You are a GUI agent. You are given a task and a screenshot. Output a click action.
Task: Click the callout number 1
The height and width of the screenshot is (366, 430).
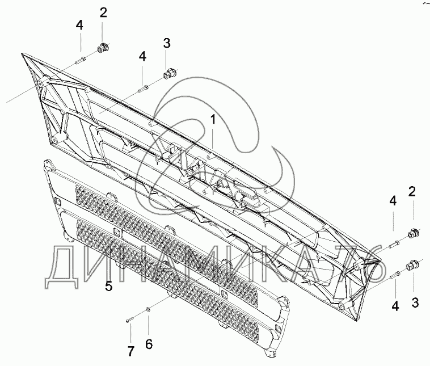(x=213, y=120)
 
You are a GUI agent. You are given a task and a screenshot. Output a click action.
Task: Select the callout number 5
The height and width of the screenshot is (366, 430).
(x=109, y=287)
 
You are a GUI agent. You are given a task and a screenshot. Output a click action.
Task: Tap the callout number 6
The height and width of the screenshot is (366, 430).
(x=149, y=344)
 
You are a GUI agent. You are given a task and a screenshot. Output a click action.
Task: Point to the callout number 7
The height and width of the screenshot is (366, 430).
(x=130, y=351)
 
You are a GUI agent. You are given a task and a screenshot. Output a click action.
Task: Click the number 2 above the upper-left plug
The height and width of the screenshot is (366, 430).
(x=103, y=12)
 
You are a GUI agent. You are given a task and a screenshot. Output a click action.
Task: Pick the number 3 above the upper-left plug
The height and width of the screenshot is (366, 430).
(x=166, y=43)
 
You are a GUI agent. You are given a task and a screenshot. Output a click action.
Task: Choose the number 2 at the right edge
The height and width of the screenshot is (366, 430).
(x=412, y=191)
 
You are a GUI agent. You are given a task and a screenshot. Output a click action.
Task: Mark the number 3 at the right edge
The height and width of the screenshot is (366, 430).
(x=415, y=303)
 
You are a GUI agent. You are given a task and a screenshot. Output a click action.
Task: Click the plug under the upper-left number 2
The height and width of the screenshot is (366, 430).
(x=103, y=49)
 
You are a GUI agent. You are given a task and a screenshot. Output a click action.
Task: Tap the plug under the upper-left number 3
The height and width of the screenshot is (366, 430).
(x=169, y=74)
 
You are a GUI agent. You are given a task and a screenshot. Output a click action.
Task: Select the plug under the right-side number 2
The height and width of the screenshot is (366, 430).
(x=413, y=233)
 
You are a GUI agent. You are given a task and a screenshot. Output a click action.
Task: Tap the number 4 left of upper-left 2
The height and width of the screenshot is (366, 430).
(x=80, y=25)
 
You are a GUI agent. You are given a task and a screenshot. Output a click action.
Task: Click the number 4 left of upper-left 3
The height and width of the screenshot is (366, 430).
(x=142, y=57)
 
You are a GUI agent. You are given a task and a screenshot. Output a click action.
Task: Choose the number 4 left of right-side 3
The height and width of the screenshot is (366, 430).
(x=395, y=306)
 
